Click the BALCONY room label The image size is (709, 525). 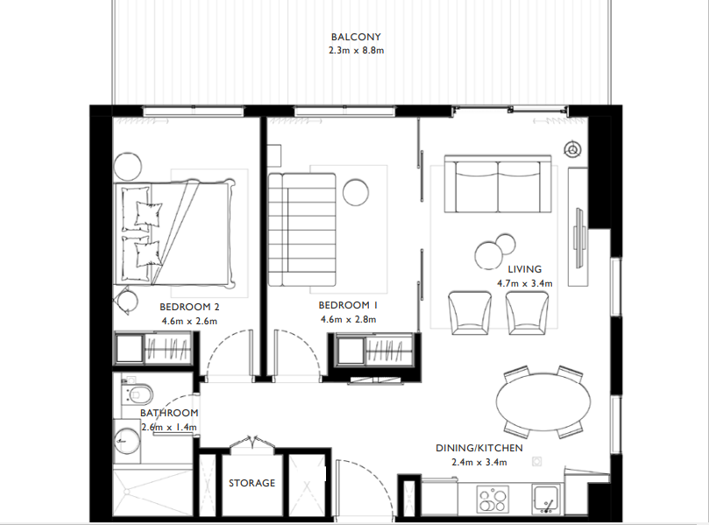355,37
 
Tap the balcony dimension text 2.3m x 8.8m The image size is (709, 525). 355,51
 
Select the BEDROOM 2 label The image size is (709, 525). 189,308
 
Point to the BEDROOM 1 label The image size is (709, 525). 348,305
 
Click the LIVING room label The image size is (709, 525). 524,270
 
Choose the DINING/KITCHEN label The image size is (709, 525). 479,449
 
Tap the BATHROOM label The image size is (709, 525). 169,413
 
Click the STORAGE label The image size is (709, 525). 252,483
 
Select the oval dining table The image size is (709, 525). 543,402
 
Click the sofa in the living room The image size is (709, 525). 499,184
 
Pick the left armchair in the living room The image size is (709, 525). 470,312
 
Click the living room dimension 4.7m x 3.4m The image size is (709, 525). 524,284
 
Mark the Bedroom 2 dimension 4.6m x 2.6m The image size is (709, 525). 189,322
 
